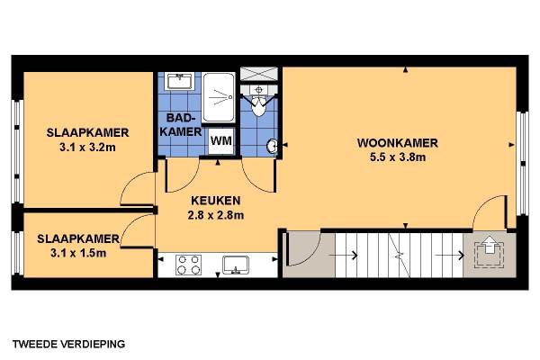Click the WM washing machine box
pos(221,140)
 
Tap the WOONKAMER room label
pos(398,143)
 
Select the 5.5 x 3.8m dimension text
pos(398,157)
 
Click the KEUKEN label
pos(216,201)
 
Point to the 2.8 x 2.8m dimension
pos(216,215)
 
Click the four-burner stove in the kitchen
pos(188,265)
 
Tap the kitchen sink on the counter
pos(236,265)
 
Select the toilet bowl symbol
pos(258,105)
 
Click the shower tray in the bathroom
pos(219,97)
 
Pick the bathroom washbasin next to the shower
pos(179,81)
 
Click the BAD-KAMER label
pos(181,125)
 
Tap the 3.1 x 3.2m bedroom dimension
pos(87,148)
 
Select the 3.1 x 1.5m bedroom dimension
pos(78,253)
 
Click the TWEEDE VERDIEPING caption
pos(69,344)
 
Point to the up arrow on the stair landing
pos(490,245)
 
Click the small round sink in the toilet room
pos(272,146)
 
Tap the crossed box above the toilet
pos(258,74)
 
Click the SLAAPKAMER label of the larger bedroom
pos(88,132)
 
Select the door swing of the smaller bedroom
pos(136,229)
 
